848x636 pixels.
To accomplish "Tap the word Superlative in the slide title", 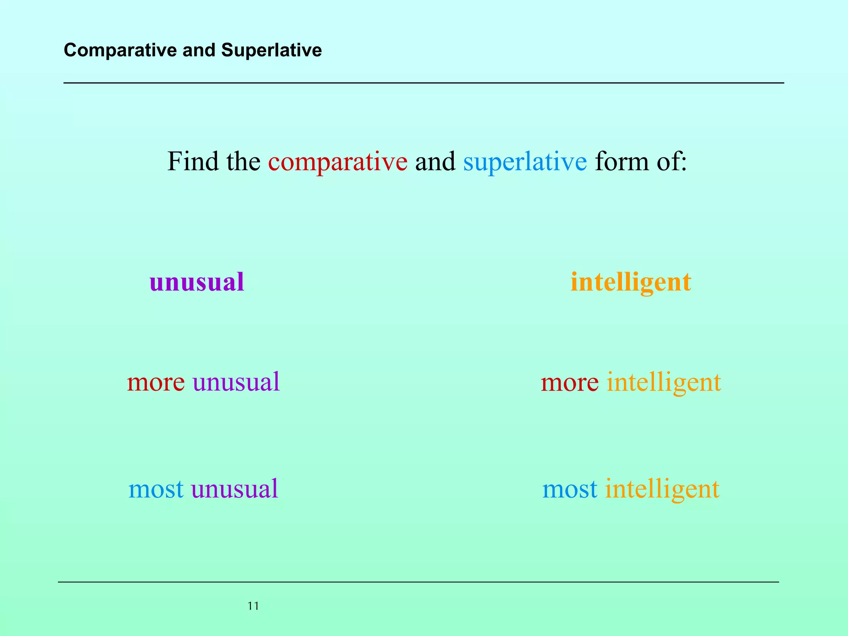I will click(x=271, y=51).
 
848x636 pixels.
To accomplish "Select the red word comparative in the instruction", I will click(x=337, y=162).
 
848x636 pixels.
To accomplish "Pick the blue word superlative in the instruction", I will click(x=525, y=162).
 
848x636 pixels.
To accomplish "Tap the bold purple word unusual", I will click(x=197, y=282).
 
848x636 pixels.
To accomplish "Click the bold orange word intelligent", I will click(x=631, y=283).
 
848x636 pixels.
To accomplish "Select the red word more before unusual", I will click(x=156, y=382).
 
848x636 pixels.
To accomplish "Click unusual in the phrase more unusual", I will click(x=236, y=382).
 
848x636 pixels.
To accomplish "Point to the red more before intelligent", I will click(x=569, y=382).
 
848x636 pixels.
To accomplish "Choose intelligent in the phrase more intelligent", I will click(x=664, y=383).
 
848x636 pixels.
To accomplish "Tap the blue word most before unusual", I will click(x=156, y=489).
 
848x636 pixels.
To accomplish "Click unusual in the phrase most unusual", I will click(x=234, y=489).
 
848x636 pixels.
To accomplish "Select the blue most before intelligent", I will click(x=570, y=489).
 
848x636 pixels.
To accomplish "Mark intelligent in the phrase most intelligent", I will click(x=662, y=489).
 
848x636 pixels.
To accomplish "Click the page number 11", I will click(x=253, y=606).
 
